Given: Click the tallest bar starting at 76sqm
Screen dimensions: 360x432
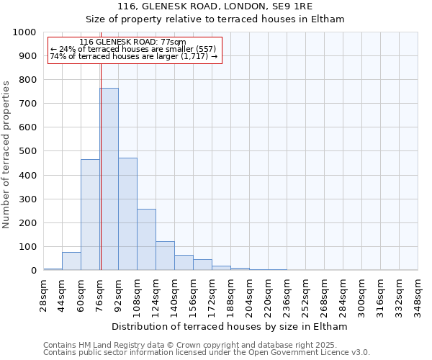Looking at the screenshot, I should point(109,180).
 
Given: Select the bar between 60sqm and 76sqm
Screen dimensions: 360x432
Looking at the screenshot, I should point(90,216).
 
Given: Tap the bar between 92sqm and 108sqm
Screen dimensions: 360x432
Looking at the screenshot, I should point(127,216).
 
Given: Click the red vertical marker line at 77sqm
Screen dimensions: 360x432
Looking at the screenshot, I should point(101,144).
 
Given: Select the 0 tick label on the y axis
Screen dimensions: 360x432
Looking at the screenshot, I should point(34,271).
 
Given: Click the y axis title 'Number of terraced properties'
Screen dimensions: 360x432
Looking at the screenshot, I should point(6,154).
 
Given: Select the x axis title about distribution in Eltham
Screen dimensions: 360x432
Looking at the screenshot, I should point(230,326).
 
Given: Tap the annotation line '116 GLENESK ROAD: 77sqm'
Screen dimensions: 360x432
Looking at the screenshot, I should point(132,42).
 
